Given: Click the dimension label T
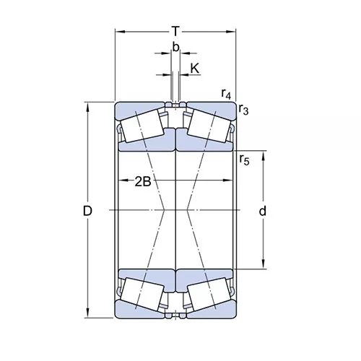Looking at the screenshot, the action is click(x=176, y=31).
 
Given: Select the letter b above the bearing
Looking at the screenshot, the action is click(x=176, y=47).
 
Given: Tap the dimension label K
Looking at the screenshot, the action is click(x=195, y=69).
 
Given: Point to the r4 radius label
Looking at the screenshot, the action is click(x=226, y=94).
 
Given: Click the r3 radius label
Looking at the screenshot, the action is click(x=243, y=110).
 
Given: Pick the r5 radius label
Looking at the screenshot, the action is click(x=244, y=160).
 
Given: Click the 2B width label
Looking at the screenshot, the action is click(x=143, y=182).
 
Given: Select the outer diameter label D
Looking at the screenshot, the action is click(x=87, y=211).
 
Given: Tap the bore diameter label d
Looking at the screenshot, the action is click(x=263, y=211).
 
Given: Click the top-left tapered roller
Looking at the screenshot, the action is click(x=142, y=126).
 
